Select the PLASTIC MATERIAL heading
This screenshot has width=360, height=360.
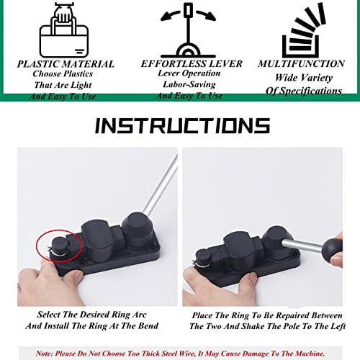pos(66,64)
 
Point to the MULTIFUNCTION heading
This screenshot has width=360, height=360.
pos(301,64)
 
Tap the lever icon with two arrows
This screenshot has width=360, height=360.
pos(189,29)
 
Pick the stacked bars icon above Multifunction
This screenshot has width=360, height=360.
pos(300,32)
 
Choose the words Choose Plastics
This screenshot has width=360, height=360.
pos(66,73)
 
